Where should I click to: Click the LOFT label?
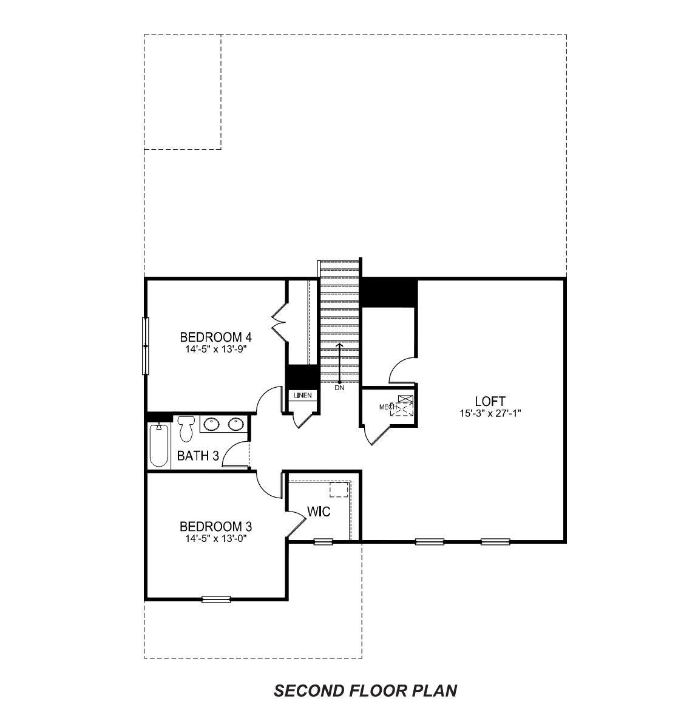click(490, 401)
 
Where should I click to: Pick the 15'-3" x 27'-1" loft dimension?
click(490, 413)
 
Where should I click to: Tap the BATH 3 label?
click(198, 456)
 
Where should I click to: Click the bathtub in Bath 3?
click(159, 446)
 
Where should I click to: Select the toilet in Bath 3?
click(186, 428)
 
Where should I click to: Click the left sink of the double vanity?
click(212, 424)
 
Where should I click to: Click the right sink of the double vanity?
click(236, 424)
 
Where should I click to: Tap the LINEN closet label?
click(302, 396)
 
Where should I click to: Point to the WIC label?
click(319, 512)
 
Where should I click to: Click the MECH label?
click(387, 407)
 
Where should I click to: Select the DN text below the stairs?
click(339, 388)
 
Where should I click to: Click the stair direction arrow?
click(339, 362)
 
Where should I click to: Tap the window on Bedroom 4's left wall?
click(145, 346)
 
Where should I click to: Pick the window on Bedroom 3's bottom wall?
click(216, 600)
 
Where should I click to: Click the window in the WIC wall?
click(323, 541)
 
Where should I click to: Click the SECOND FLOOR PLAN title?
click(365, 691)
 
